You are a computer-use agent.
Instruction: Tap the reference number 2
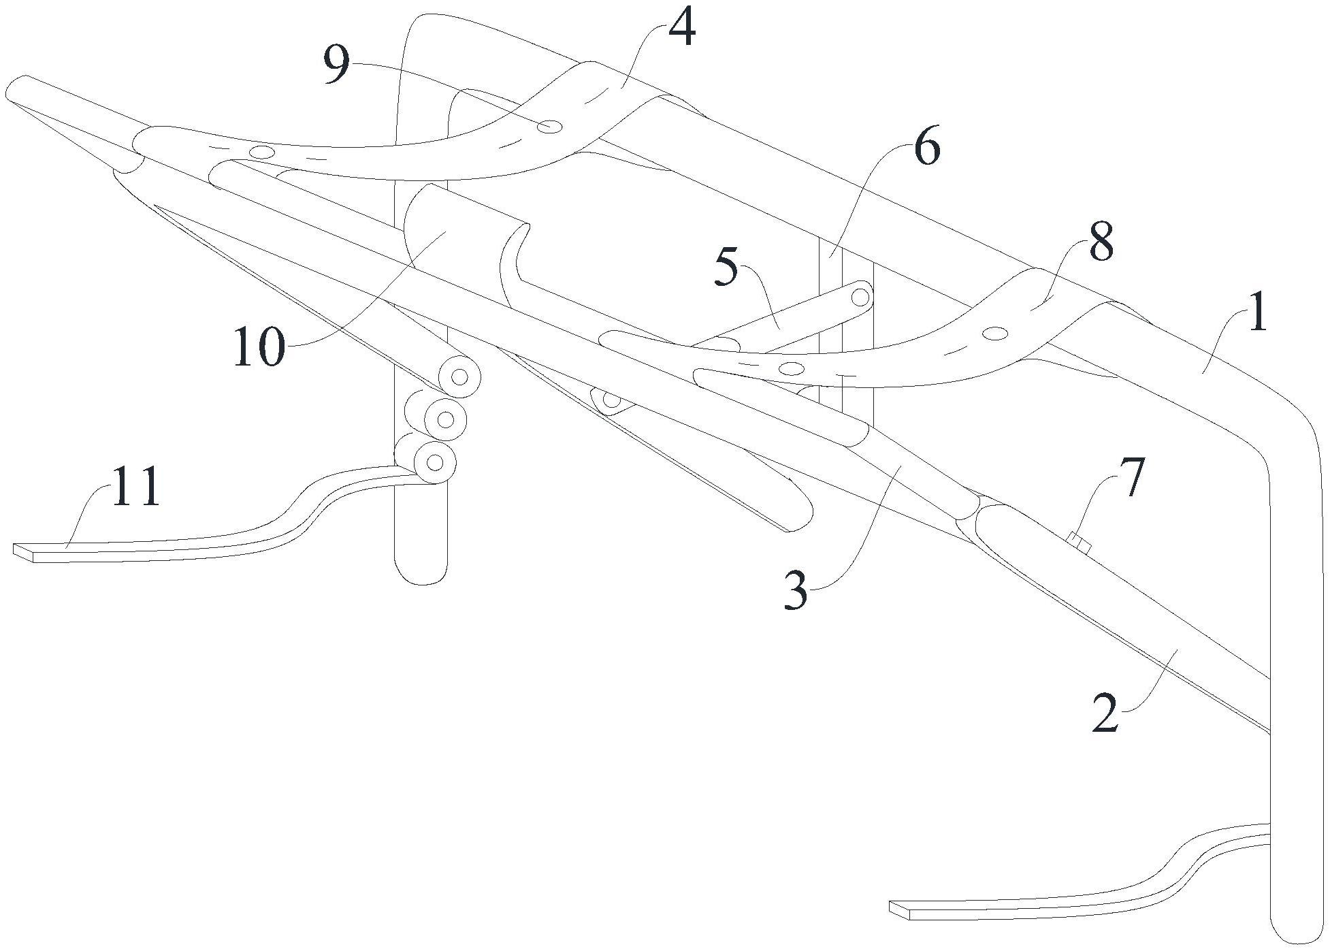[1104, 712]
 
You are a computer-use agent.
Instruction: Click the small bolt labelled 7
[1079, 543]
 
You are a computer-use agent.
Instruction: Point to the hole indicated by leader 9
[549, 127]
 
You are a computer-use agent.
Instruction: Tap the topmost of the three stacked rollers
[459, 377]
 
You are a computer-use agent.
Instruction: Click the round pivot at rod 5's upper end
[861, 297]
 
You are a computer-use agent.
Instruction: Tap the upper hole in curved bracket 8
[995, 333]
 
